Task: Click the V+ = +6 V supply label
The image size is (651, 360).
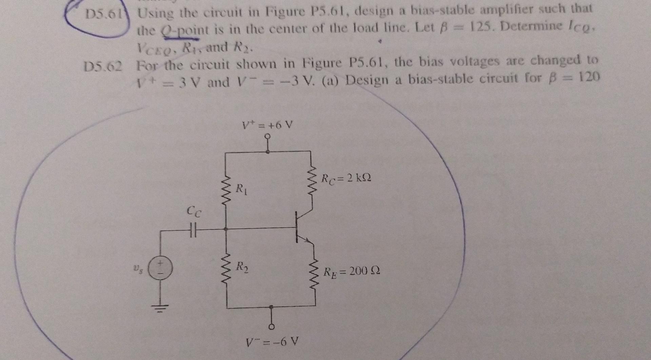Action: tap(267, 126)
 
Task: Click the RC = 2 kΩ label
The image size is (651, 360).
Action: tap(346, 177)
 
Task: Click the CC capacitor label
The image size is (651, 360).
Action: tap(194, 212)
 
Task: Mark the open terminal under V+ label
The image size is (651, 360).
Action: tap(268, 136)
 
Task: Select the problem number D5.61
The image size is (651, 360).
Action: tap(103, 14)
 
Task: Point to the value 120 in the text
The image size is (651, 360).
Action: tap(589, 77)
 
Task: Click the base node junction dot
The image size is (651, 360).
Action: tap(226, 229)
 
